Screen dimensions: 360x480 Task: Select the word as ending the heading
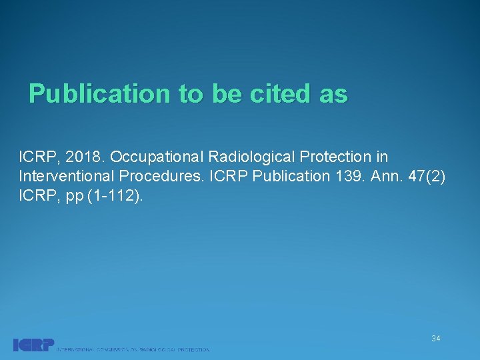click(x=333, y=94)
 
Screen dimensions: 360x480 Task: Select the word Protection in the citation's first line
click(x=331, y=157)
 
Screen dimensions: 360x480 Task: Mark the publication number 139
click(x=345, y=177)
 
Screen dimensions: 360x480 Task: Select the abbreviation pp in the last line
click(x=75, y=197)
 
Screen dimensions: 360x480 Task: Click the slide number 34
click(x=435, y=339)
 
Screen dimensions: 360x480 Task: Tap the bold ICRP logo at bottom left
click(x=33, y=345)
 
